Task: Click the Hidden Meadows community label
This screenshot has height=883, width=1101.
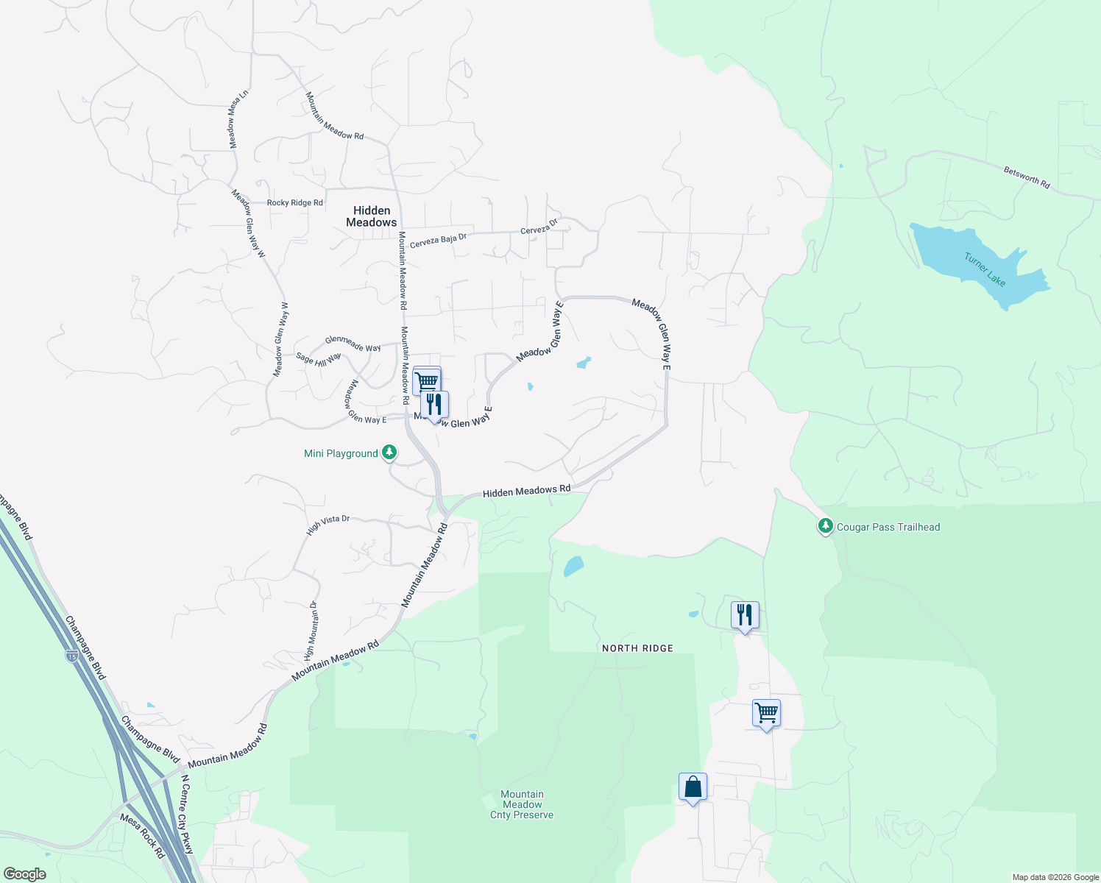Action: pyautogui.click(x=371, y=216)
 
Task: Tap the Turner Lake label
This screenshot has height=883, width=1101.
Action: pyautogui.click(x=985, y=269)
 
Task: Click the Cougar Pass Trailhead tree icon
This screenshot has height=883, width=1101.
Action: pyautogui.click(x=826, y=526)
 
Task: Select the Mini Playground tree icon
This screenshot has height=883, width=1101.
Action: pyautogui.click(x=389, y=453)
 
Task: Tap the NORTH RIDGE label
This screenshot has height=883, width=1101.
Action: pyautogui.click(x=637, y=648)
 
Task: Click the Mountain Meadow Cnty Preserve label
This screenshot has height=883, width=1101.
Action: pyautogui.click(x=522, y=804)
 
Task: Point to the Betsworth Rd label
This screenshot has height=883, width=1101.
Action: pyautogui.click(x=1027, y=177)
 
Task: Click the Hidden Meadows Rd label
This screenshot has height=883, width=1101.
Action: pyautogui.click(x=526, y=491)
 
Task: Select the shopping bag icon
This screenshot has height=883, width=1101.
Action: pyautogui.click(x=693, y=787)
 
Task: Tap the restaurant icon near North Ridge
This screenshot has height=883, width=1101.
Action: pyautogui.click(x=745, y=615)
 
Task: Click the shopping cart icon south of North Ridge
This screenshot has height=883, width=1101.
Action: pyautogui.click(x=766, y=712)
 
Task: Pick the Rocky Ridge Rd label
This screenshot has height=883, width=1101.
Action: pyautogui.click(x=294, y=202)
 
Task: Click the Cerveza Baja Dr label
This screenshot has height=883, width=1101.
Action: pyautogui.click(x=438, y=240)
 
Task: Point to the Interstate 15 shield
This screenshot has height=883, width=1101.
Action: pyautogui.click(x=71, y=655)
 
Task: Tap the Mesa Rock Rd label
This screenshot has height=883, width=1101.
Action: pyautogui.click(x=142, y=836)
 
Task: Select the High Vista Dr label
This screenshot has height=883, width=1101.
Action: pyautogui.click(x=328, y=523)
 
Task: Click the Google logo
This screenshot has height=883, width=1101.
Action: pyautogui.click(x=25, y=874)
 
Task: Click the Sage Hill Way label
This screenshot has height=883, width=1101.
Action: pyautogui.click(x=318, y=358)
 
